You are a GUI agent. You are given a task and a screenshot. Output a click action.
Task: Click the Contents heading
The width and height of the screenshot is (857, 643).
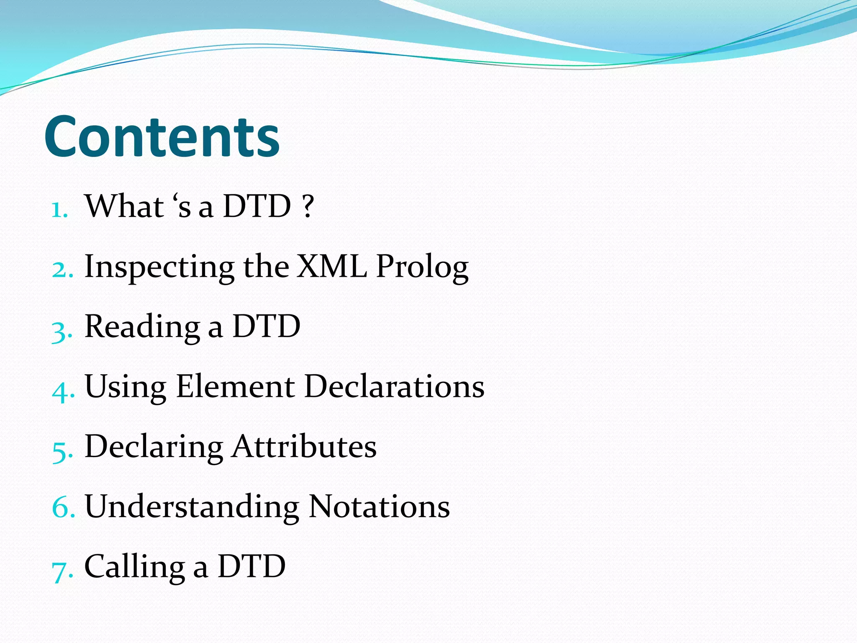(162, 136)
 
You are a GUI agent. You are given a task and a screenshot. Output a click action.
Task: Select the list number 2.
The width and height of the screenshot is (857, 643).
(62, 269)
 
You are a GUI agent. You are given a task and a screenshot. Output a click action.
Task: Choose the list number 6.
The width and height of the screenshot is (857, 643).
(63, 507)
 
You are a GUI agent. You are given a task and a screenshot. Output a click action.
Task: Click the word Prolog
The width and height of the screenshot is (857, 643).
(422, 268)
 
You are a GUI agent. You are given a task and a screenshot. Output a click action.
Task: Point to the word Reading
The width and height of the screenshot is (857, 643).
(142, 327)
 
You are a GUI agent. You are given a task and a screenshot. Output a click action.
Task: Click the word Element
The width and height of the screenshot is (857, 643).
(235, 386)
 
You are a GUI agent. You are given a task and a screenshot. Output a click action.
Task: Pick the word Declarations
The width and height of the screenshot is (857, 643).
(394, 386)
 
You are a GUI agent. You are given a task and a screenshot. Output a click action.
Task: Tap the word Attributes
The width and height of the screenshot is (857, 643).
(304, 446)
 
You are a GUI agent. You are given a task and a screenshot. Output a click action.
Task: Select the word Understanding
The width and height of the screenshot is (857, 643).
(192, 507)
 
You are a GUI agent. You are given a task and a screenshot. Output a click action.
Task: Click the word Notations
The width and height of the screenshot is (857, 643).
(379, 507)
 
